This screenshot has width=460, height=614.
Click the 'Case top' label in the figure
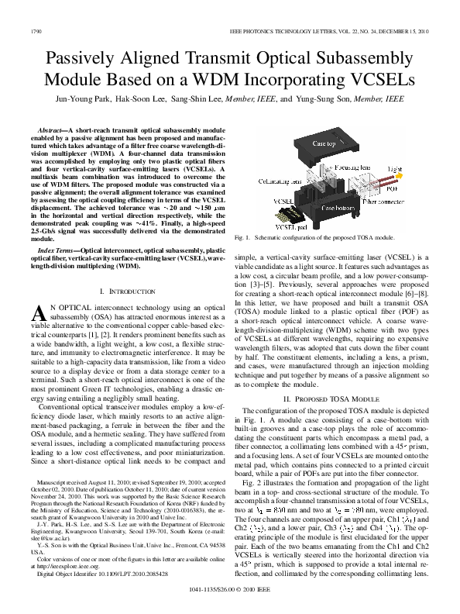click(324, 144)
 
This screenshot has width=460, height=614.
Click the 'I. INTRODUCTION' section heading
click(125, 291)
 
